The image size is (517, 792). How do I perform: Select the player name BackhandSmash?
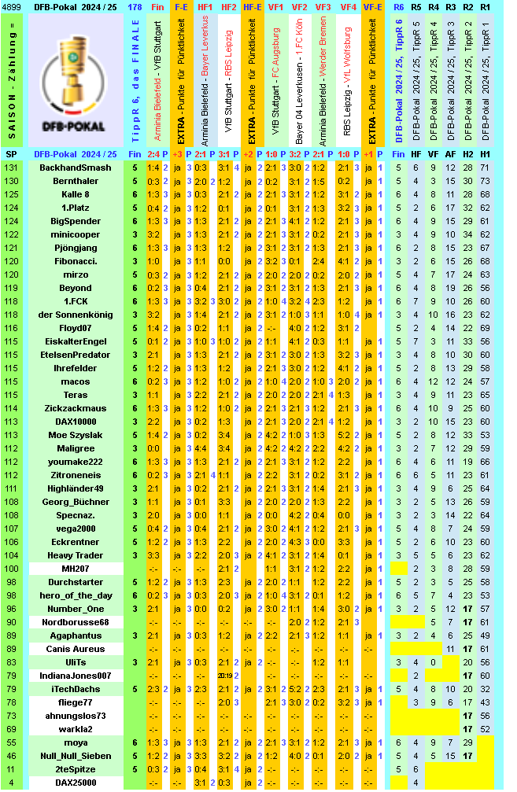coord(76,168)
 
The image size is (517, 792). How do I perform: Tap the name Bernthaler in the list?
coord(76,181)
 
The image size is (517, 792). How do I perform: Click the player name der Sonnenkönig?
coord(76,315)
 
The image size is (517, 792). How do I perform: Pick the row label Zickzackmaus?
coord(76,408)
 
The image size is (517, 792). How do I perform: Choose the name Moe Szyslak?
coord(76,435)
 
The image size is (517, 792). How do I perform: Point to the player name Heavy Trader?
coord(76,555)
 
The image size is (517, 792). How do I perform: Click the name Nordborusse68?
coord(76,622)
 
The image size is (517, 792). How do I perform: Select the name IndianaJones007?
coord(76,676)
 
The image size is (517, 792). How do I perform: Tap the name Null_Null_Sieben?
coord(76,756)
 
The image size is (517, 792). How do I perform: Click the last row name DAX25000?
coord(76,783)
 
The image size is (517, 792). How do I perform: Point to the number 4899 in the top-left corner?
coord(12,7)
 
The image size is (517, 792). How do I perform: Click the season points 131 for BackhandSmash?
coord(12,168)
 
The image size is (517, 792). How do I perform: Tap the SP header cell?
coord(12,154)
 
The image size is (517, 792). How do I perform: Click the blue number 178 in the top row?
coord(135,7)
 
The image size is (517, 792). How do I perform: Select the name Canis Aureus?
coord(76,649)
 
